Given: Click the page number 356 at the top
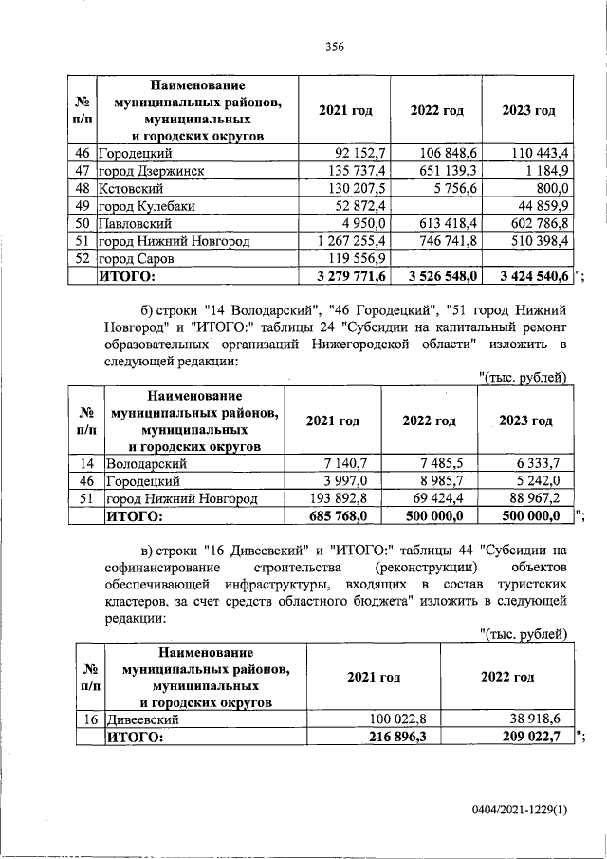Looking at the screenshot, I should (x=334, y=46).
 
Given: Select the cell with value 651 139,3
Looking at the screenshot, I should (x=449, y=171).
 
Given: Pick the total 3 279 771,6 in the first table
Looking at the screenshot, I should (x=349, y=276).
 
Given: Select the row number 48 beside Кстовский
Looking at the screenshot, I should (x=82, y=188).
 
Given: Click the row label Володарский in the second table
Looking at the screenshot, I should (x=146, y=463).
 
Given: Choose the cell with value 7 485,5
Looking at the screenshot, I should (x=442, y=463).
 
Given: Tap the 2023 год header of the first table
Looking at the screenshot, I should (x=528, y=111).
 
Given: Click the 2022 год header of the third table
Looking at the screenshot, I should (x=506, y=678).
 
